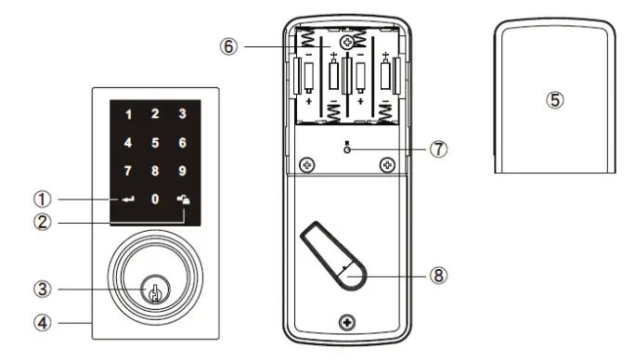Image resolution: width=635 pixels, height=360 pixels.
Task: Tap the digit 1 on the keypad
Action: point(128,115)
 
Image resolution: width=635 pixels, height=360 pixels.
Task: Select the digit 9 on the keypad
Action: point(183,171)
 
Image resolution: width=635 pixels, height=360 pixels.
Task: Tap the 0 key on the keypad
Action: point(155,199)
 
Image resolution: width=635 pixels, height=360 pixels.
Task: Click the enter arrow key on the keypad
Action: point(127,199)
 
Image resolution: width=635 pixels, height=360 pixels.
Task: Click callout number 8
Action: point(438,275)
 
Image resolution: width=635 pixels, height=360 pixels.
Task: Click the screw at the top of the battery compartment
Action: point(347,43)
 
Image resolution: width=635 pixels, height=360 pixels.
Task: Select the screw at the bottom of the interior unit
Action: point(347,323)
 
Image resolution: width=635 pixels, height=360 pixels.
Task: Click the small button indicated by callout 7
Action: point(347,148)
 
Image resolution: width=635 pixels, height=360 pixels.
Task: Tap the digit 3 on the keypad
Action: point(183,115)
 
